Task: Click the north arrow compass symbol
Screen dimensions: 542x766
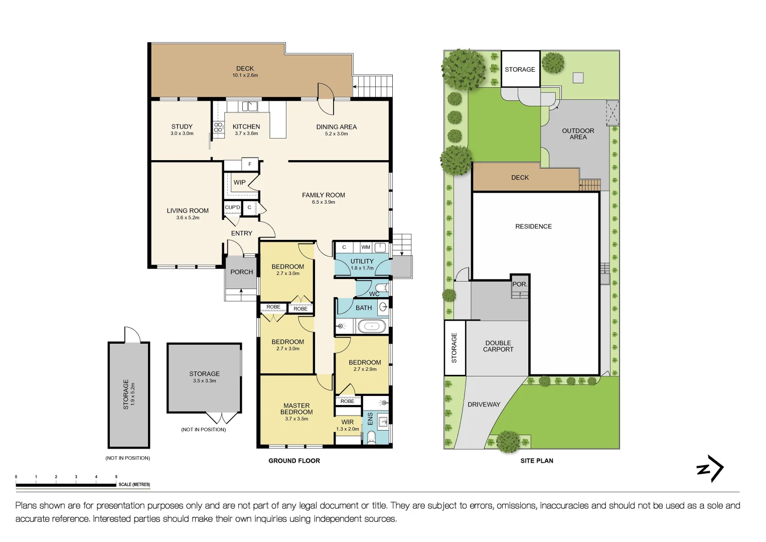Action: pos(710,469)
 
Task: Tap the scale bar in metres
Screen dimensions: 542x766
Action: pos(66,485)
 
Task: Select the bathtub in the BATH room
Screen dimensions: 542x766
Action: pos(371,327)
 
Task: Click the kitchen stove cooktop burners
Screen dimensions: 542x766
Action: pos(218,127)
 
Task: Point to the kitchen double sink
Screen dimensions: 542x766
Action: pos(249,106)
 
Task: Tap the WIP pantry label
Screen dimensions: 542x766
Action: pos(240,182)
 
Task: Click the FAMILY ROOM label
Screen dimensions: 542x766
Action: pos(324,195)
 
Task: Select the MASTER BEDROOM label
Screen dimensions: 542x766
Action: pos(296,409)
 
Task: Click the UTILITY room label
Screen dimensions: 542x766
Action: pos(362,261)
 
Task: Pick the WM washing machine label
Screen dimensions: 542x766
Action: pos(366,247)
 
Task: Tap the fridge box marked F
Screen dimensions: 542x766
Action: pos(250,164)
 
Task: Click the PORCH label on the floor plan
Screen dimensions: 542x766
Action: pos(242,272)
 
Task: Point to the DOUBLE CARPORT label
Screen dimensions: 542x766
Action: pos(498,346)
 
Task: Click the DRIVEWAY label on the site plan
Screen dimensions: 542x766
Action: pos(484,404)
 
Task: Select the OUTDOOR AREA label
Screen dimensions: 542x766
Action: pos(578,134)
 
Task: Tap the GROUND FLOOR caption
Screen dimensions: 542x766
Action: pos(294,461)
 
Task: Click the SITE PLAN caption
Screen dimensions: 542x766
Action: pos(537,461)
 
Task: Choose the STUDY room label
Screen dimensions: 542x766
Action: pos(182,127)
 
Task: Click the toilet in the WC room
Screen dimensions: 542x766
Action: pos(381,288)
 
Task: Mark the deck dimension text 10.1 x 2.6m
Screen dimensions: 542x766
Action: pos(245,75)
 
